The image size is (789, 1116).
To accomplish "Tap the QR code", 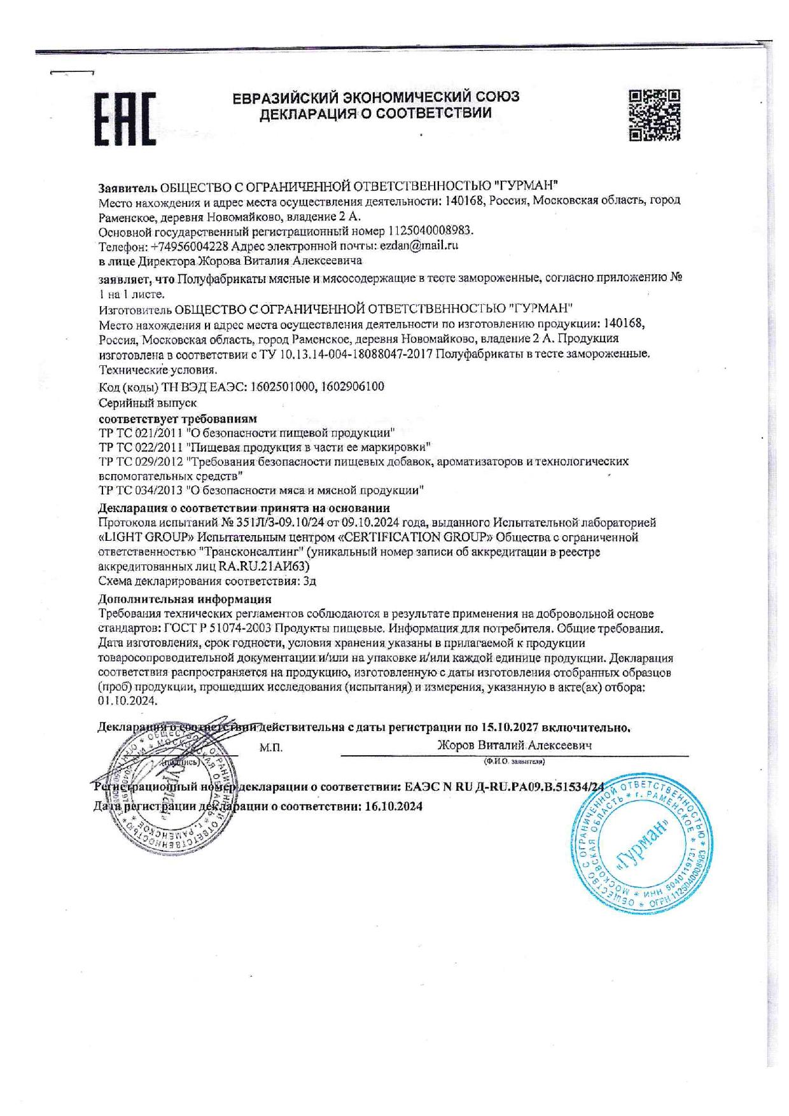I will [654, 115].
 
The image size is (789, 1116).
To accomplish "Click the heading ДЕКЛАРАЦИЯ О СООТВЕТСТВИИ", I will [375, 114].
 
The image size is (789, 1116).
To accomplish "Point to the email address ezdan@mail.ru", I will [419, 246].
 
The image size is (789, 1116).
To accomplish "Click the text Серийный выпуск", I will [148, 403].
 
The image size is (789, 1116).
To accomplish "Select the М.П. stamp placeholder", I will [271, 748].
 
